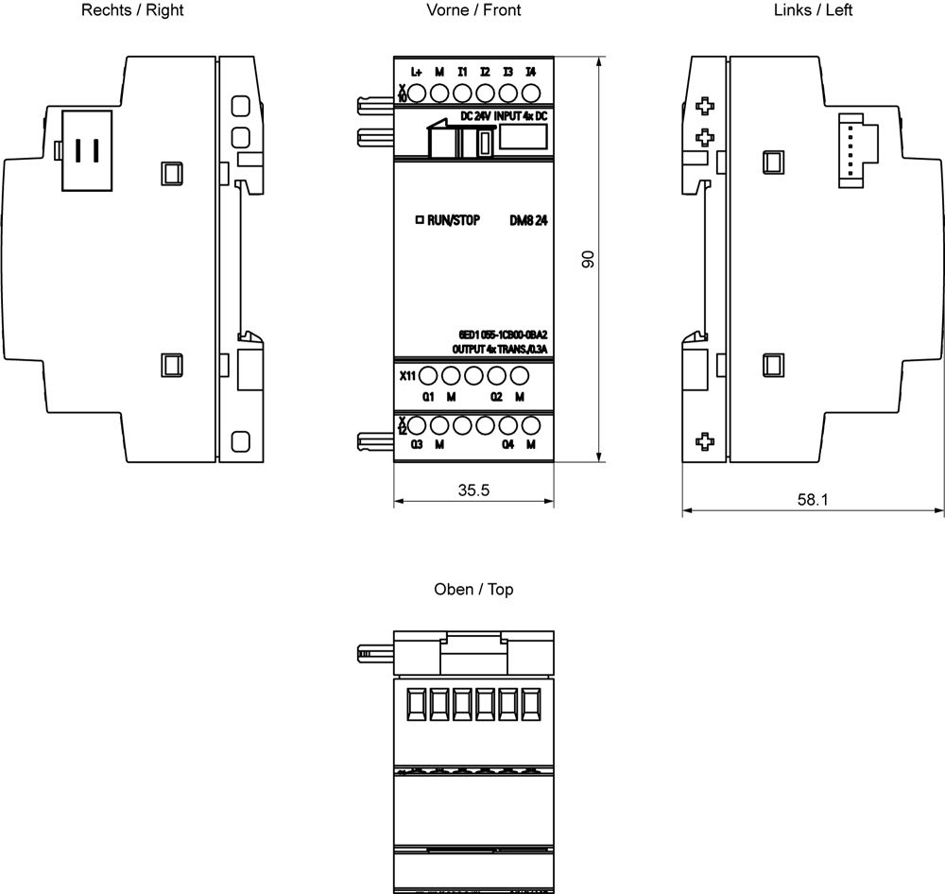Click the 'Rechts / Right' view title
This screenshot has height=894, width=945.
[x=132, y=10]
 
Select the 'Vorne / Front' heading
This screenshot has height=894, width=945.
[x=473, y=10]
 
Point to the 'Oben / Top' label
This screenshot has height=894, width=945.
[x=473, y=590]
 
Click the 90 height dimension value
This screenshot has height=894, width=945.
[x=588, y=260]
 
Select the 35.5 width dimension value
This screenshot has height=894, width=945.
[x=473, y=491]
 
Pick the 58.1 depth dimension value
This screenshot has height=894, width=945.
[x=813, y=500]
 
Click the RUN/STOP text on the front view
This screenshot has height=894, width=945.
[x=454, y=220]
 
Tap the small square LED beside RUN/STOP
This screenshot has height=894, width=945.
[x=420, y=220]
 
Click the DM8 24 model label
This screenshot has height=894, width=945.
[x=530, y=220]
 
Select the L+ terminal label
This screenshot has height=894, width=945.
[x=417, y=72]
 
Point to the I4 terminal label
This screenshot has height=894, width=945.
[x=531, y=72]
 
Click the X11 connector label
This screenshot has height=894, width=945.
[x=406, y=376]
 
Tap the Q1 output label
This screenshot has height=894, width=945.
[x=428, y=395]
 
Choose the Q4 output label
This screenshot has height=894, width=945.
[x=508, y=444]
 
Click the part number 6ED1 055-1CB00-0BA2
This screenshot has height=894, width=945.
[x=503, y=335]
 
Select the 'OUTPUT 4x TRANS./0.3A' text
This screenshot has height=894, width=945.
[x=501, y=349]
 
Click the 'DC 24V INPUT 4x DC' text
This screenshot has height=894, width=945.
[x=503, y=115]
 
